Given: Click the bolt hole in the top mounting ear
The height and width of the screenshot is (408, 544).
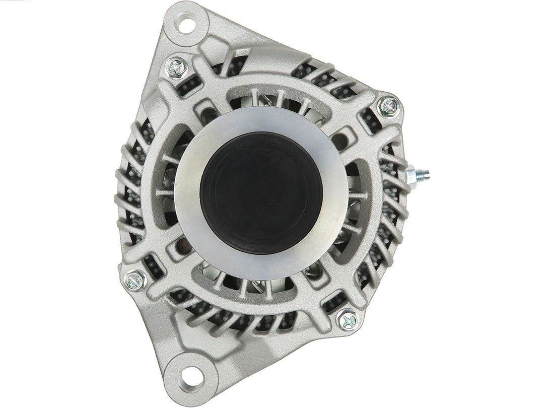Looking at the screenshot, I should point(188,22).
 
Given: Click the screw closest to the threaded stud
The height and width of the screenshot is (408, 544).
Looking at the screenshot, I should point(390,106).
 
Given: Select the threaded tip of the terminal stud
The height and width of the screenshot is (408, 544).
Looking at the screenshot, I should point(426,175).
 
